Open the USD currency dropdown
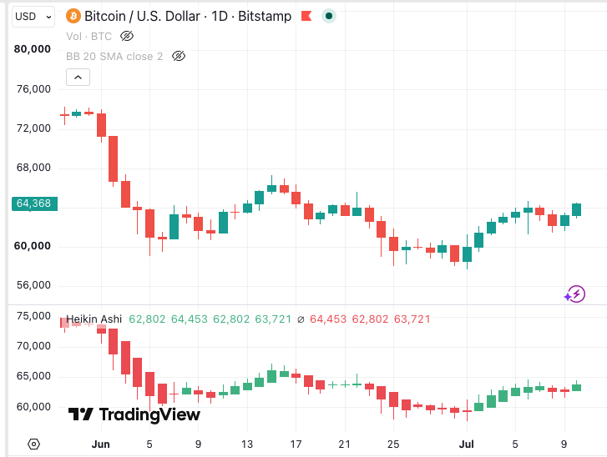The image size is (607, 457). [33, 17]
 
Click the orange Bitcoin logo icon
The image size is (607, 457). [73, 16]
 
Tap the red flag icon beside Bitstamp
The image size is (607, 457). [306, 16]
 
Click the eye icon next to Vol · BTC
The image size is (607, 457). [127, 37]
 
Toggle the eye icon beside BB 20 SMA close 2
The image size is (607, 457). [179, 57]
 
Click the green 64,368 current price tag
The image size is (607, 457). [34, 203]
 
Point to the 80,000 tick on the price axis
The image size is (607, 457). [33, 49]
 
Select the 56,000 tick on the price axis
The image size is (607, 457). [33, 285]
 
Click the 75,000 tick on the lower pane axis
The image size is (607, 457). [33, 316]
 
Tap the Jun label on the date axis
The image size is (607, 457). [101, 444]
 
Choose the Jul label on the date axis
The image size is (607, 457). [467, 444]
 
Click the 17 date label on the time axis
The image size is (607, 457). [296, 444]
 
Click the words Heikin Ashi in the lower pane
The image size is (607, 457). [94, 319]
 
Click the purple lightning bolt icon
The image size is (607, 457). [575, 294]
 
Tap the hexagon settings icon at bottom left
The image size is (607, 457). [33, 444]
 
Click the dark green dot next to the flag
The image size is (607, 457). [329, 16]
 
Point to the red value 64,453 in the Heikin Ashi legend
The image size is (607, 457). [328, 319]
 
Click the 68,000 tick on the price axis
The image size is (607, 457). [33, 168]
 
